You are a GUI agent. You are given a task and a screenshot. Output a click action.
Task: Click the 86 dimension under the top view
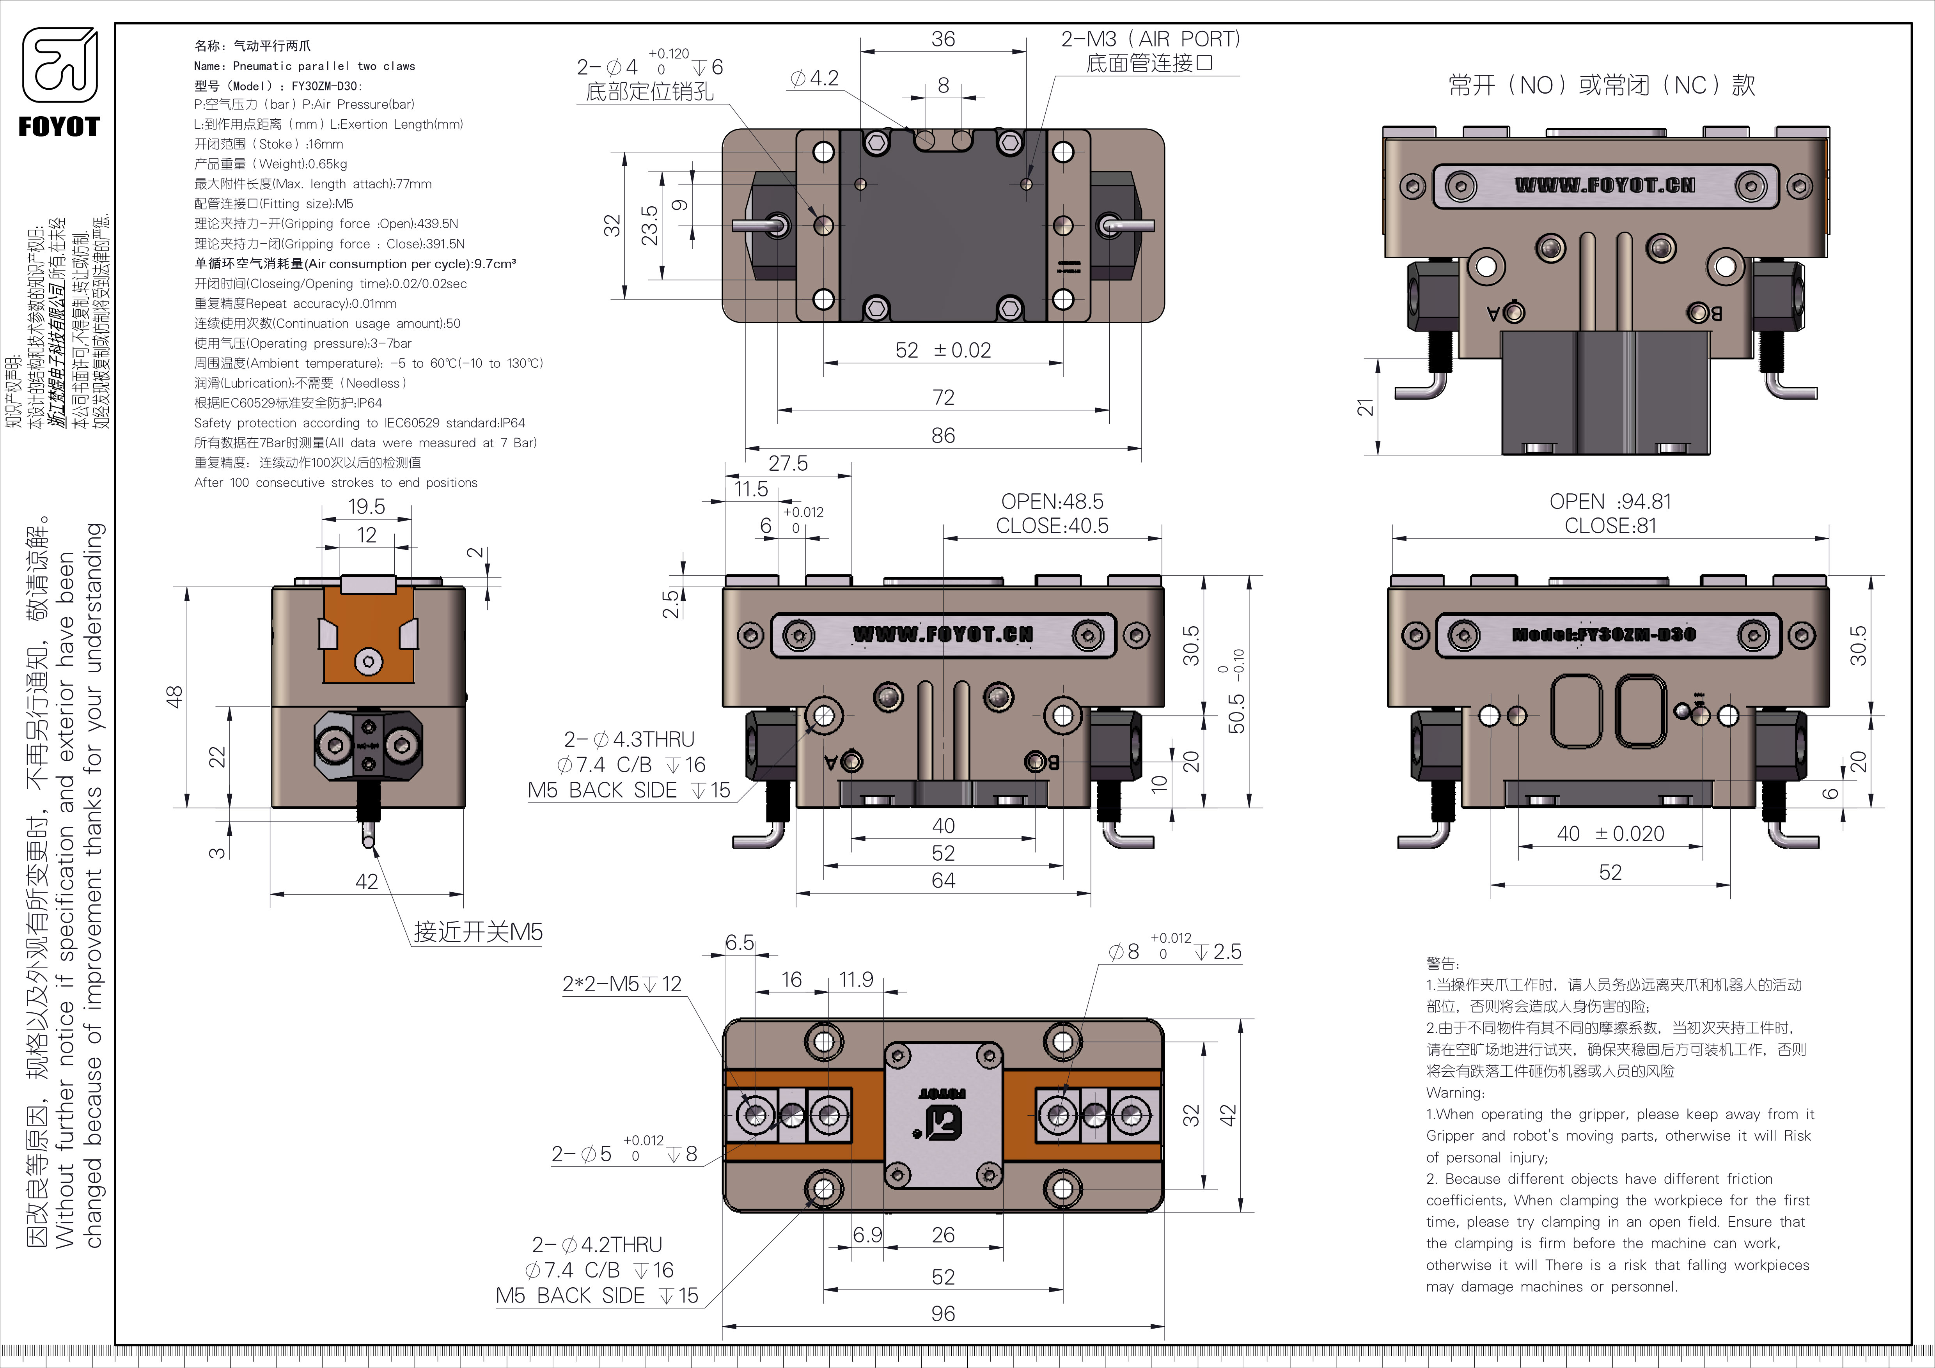(943, 436)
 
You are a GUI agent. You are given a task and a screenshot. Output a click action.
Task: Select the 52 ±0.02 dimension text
(943, 351)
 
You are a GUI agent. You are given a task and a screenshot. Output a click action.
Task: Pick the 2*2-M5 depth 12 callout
(622, 984)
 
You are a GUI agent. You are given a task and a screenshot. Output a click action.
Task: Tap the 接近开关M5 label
(478, 932)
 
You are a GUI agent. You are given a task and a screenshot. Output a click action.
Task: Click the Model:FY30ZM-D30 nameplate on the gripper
(1603, 634)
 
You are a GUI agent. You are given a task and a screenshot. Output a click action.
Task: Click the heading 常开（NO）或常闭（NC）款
(1601, 85)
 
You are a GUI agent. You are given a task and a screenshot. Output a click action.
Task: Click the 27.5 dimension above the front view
(788, 463)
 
